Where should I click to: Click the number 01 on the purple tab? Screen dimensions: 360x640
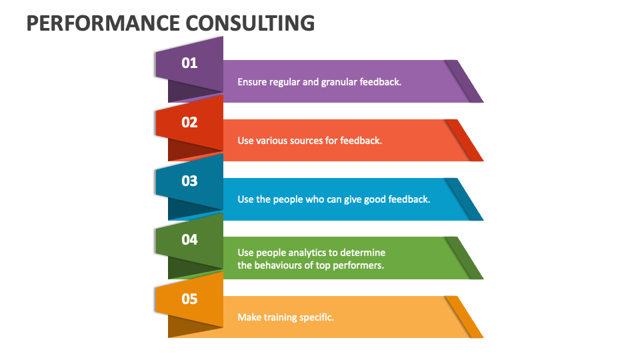click(x=189, y=63)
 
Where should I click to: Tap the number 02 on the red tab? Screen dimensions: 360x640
click(x=189, y=122)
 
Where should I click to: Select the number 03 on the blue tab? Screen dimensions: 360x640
click(x=189, y=181)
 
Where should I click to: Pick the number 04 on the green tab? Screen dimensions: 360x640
click(x=189, y=239)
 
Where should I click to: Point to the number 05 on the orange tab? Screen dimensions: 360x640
click(x=189, y=298)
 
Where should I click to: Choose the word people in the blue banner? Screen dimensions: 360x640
click(x=288, y=199)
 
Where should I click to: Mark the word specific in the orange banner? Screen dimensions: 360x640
click(x=317, y=317)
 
